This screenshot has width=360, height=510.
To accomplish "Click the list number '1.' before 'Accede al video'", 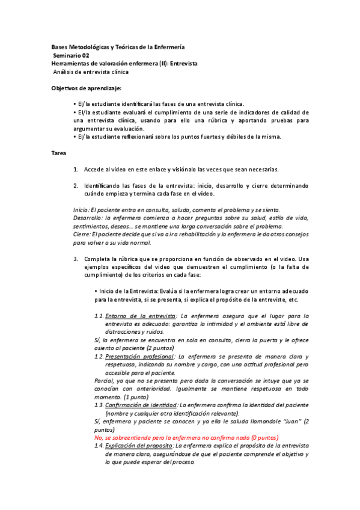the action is coord(76,169).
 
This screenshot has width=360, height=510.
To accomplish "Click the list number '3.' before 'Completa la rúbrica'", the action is coord(76,259).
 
